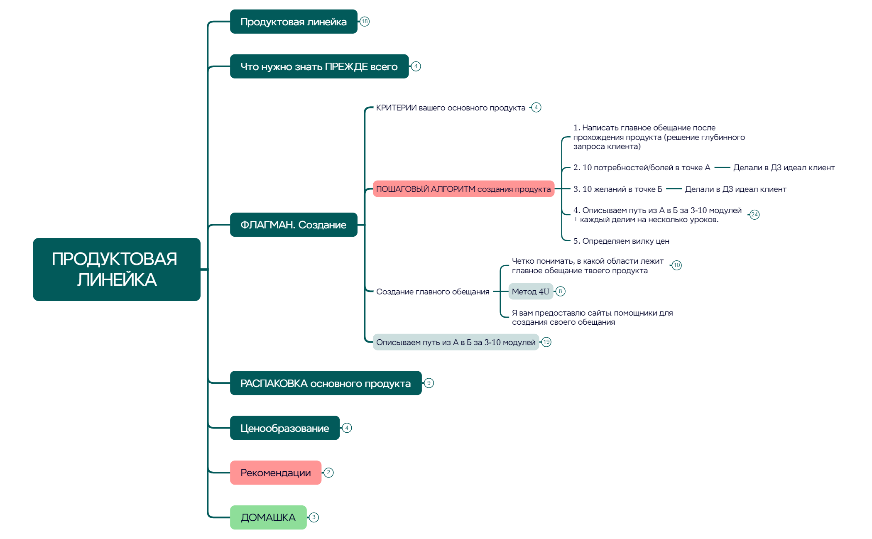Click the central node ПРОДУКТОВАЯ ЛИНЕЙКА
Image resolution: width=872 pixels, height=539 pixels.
click(x=116, y=269)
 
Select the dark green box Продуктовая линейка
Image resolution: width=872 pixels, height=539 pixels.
click(x=293, y=22)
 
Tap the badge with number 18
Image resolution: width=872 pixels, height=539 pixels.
click(x=365, y=22)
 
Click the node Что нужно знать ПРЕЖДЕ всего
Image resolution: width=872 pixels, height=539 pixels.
click(x=319, y=66)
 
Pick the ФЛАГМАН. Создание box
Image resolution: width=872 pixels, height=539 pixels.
click(x=293, y=225)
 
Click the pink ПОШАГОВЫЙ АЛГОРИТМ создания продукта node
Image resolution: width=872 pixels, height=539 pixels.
click(x=463, y=189)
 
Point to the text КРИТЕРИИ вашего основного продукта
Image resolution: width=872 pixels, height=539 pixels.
click(x=451, y=108)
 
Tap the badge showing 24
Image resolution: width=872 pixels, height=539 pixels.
click(x=754, y=215)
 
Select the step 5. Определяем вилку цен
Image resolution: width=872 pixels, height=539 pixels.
click(x=621, y=241)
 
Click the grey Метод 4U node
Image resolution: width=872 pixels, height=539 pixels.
click(x=530, y=292)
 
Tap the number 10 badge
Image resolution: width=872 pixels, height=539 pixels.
click(x=676, y=265)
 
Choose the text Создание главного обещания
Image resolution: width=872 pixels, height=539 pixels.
click(x=432, y=292)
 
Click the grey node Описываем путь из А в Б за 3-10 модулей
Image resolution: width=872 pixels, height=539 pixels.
click(x=456, y=342)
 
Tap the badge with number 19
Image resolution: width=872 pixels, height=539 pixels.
click(x=546, y=342)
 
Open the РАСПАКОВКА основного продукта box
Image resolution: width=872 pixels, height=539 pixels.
click(x=326, y=383)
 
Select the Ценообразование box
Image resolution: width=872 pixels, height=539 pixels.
click(x=284, y=428)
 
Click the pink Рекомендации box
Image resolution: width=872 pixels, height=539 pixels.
click(x=275, y=473)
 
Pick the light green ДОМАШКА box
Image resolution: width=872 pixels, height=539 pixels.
click(x=268, y=517)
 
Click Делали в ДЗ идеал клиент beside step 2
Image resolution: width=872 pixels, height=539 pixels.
click(x=784, y=168)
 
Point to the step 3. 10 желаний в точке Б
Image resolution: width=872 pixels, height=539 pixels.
click(x=617, y=189)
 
